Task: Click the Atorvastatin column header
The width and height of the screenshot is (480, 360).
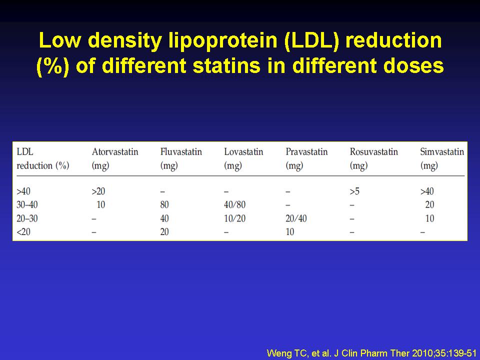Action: click(x=115, y=158)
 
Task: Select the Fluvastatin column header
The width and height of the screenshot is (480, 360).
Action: click(x=181, y=158)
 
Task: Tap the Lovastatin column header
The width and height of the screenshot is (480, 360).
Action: click(x=243, y=158)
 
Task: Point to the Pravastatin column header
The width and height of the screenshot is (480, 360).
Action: click(x=306, y=158)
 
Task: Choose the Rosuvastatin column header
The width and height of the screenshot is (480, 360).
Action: click(x=374, y=158)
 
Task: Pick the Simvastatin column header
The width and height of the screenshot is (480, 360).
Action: click(x=442, y=158)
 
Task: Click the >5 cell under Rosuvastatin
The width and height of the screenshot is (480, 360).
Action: click(x=354, y=191)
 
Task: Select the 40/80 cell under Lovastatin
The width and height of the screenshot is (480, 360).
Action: click(x=235, y=204)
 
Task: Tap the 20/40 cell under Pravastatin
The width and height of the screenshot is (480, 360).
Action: click(x=296, y=218)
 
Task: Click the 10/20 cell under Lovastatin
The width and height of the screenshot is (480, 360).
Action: click(x=235, y=218)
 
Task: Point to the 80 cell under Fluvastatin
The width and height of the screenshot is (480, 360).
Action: click(x=164, y=204)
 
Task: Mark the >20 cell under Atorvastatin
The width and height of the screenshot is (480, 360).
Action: click(x=98, y=191)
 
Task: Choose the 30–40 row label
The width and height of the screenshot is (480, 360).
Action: click(x=27, y=204)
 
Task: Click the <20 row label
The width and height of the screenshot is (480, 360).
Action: click(x=23, y=231)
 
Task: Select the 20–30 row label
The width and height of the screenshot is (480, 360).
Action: click(x=27, y=218)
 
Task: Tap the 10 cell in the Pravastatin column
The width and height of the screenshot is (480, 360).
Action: click(x=290, y=231)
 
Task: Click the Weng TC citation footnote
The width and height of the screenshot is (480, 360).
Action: click(x=371, y=353)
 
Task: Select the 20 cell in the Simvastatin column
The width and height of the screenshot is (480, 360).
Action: click(x=430, y=204)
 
